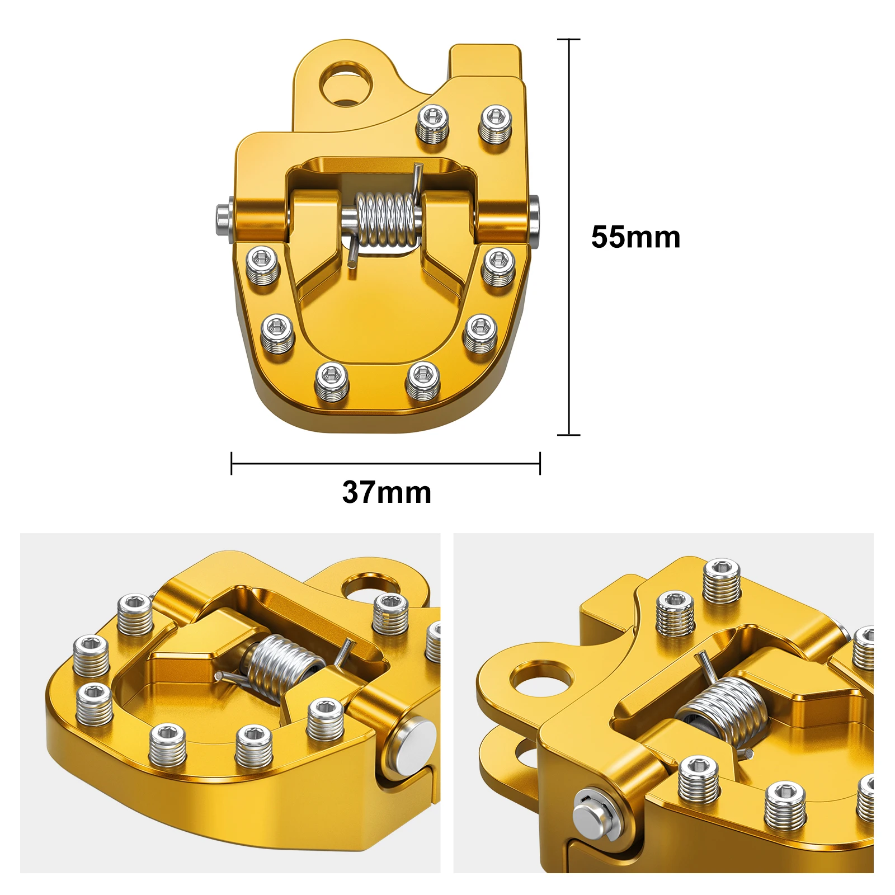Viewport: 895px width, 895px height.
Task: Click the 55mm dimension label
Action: pyautogui.click(x=635, y=237)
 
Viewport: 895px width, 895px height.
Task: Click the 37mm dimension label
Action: pyautogui.click(x=387, y=492)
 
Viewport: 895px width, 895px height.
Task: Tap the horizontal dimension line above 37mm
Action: pyautogui.click(x=386, y=463)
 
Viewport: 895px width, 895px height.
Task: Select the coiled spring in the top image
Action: pyautogui.click(x=386, y=219)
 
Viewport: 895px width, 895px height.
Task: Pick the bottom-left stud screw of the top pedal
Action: pyautogui.click(x=332, y=381)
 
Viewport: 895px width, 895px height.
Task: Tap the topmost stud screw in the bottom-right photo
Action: pyautogui.click(x=722, y=581)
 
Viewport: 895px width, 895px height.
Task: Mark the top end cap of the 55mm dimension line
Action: pyautogui.click(x=569, y=39)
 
